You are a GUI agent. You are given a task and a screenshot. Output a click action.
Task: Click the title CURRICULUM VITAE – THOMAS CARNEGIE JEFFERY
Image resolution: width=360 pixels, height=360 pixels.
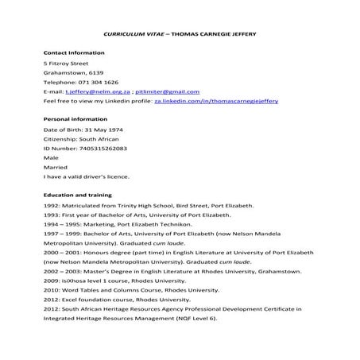pos(180,35)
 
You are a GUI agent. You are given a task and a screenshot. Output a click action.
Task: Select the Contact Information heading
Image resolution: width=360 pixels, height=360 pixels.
pos(73,51)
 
